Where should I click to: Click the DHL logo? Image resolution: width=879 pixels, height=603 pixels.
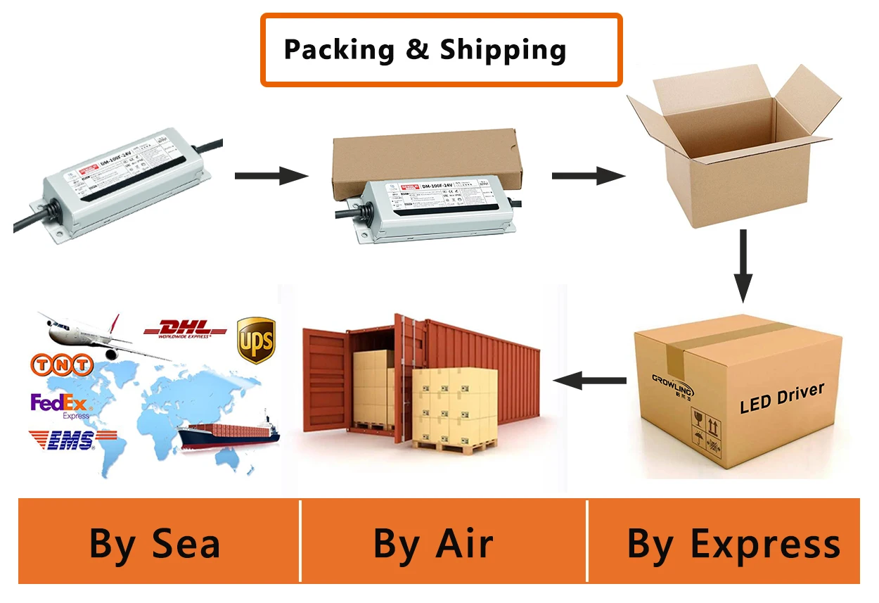point(185,329)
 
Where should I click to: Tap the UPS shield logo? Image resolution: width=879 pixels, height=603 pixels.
point(255,340)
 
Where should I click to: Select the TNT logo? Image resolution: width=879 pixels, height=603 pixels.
point(62,364)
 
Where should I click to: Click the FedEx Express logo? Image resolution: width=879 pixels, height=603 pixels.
point(59,405)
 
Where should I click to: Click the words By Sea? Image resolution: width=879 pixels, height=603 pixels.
point(155,544)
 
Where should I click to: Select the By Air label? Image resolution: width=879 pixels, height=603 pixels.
point(432,544)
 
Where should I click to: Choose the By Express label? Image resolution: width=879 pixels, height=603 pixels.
point(733,544)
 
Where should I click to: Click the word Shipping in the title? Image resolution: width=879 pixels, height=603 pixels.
point(503,50)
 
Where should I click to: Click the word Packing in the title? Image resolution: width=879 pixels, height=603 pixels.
point(339,50)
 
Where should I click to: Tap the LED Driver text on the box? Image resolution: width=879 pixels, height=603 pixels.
point(781,398)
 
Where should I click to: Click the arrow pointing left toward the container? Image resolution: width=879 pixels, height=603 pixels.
point(589,381)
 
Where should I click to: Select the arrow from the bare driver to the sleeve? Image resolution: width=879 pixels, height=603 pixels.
point(271,175)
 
